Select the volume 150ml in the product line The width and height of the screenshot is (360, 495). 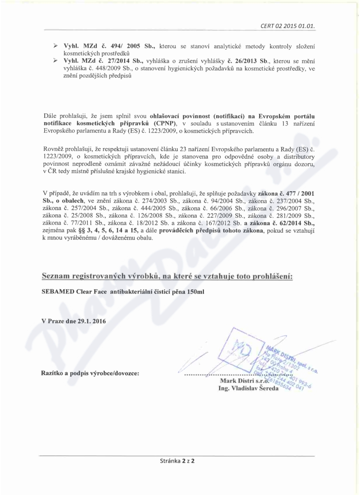[x=195, y=292]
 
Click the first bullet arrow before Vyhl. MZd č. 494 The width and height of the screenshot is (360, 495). [x=55, y=46]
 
